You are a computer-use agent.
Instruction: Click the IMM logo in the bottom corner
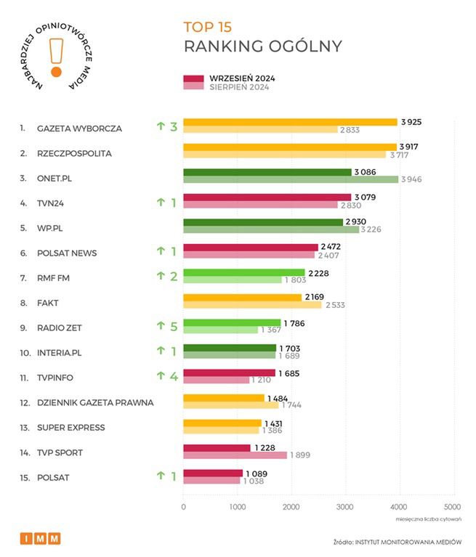pyautogui.click(x=40, y=538)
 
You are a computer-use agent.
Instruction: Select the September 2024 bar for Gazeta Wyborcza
pyautogui.click(x=290, y=122)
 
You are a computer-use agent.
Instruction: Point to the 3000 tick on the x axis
pyautogui.click(x=344, y=507)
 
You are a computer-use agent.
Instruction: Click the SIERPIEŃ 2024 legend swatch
pyautogui.click(x=193, y=87)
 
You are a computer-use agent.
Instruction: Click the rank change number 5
pyautogui.click(x=174, y=328)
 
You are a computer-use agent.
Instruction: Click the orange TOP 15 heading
pyautogui.click(x=207, y=27)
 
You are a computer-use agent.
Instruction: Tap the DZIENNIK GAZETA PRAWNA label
pyautogui.click(x=95, y=403)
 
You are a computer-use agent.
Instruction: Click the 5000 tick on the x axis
pyautogui.click(x=451, y=507)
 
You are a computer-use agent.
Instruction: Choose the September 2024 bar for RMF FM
pyautogui.click(x=243, y=272)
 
